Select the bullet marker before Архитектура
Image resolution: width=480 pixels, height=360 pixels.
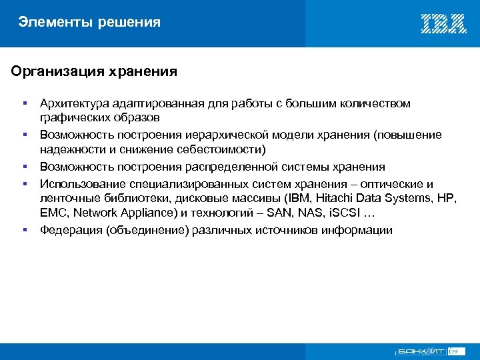coord(25,103)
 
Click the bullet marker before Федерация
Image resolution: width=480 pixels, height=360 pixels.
coord(25,230)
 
